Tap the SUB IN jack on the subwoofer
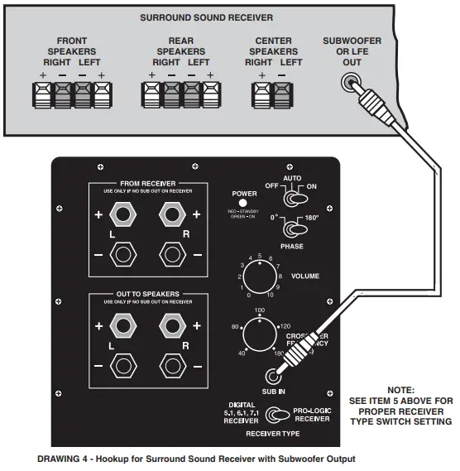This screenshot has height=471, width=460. tap(271, 375)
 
